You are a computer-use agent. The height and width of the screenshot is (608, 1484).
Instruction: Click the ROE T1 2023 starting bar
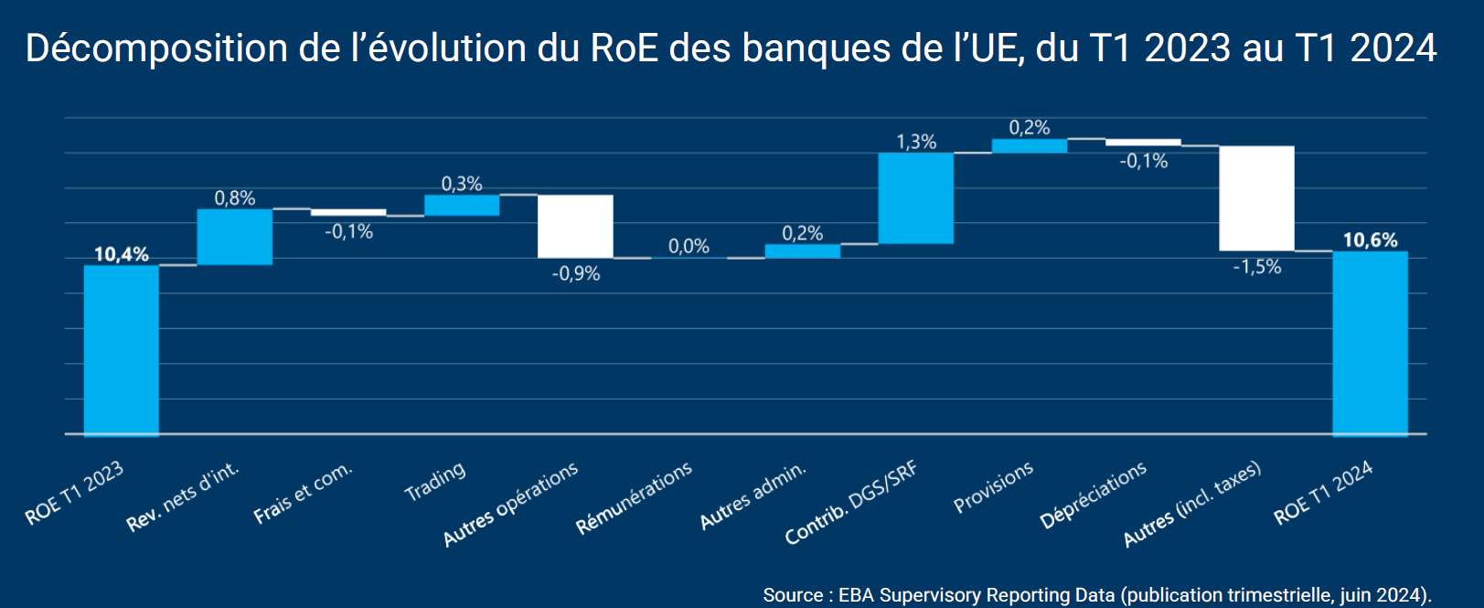pos(121,350)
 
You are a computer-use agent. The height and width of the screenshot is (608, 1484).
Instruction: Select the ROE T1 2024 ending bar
pos(1370,343)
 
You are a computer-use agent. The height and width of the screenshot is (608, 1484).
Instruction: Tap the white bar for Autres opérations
pos(575,226)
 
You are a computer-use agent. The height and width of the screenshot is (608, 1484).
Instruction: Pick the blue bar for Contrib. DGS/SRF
pos(915,197)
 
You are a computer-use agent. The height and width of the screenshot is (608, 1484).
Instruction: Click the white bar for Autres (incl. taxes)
pos(1256,197)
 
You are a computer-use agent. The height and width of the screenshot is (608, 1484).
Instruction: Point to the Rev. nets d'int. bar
pos(235,237)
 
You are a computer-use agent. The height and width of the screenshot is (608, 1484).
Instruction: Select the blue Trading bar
pos(462,205)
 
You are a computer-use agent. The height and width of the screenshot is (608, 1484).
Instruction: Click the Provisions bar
pos(1029,145)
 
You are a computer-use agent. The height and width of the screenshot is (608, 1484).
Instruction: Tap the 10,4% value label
pos(121,254)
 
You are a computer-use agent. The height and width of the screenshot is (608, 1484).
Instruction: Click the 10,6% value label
pos(1370,240)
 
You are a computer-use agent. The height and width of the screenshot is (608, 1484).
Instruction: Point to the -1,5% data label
pos(1256,267)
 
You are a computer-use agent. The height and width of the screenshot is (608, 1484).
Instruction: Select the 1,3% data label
pos(915,142)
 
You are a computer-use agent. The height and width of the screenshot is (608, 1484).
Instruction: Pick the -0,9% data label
pos(575,273)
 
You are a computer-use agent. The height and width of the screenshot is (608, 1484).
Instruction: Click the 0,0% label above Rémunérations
pos(689,246)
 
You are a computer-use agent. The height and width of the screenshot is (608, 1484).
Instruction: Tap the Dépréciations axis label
pos(1094,495)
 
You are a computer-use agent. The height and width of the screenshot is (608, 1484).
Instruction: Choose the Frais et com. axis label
pos(303,494)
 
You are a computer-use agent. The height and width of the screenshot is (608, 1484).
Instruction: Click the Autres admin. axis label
pos(753,495)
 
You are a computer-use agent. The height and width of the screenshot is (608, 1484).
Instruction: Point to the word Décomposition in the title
pos(155,48)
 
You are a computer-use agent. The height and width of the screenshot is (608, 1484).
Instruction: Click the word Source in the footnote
pos(793,595)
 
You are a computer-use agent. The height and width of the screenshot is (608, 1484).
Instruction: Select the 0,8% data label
pos(235,198)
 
